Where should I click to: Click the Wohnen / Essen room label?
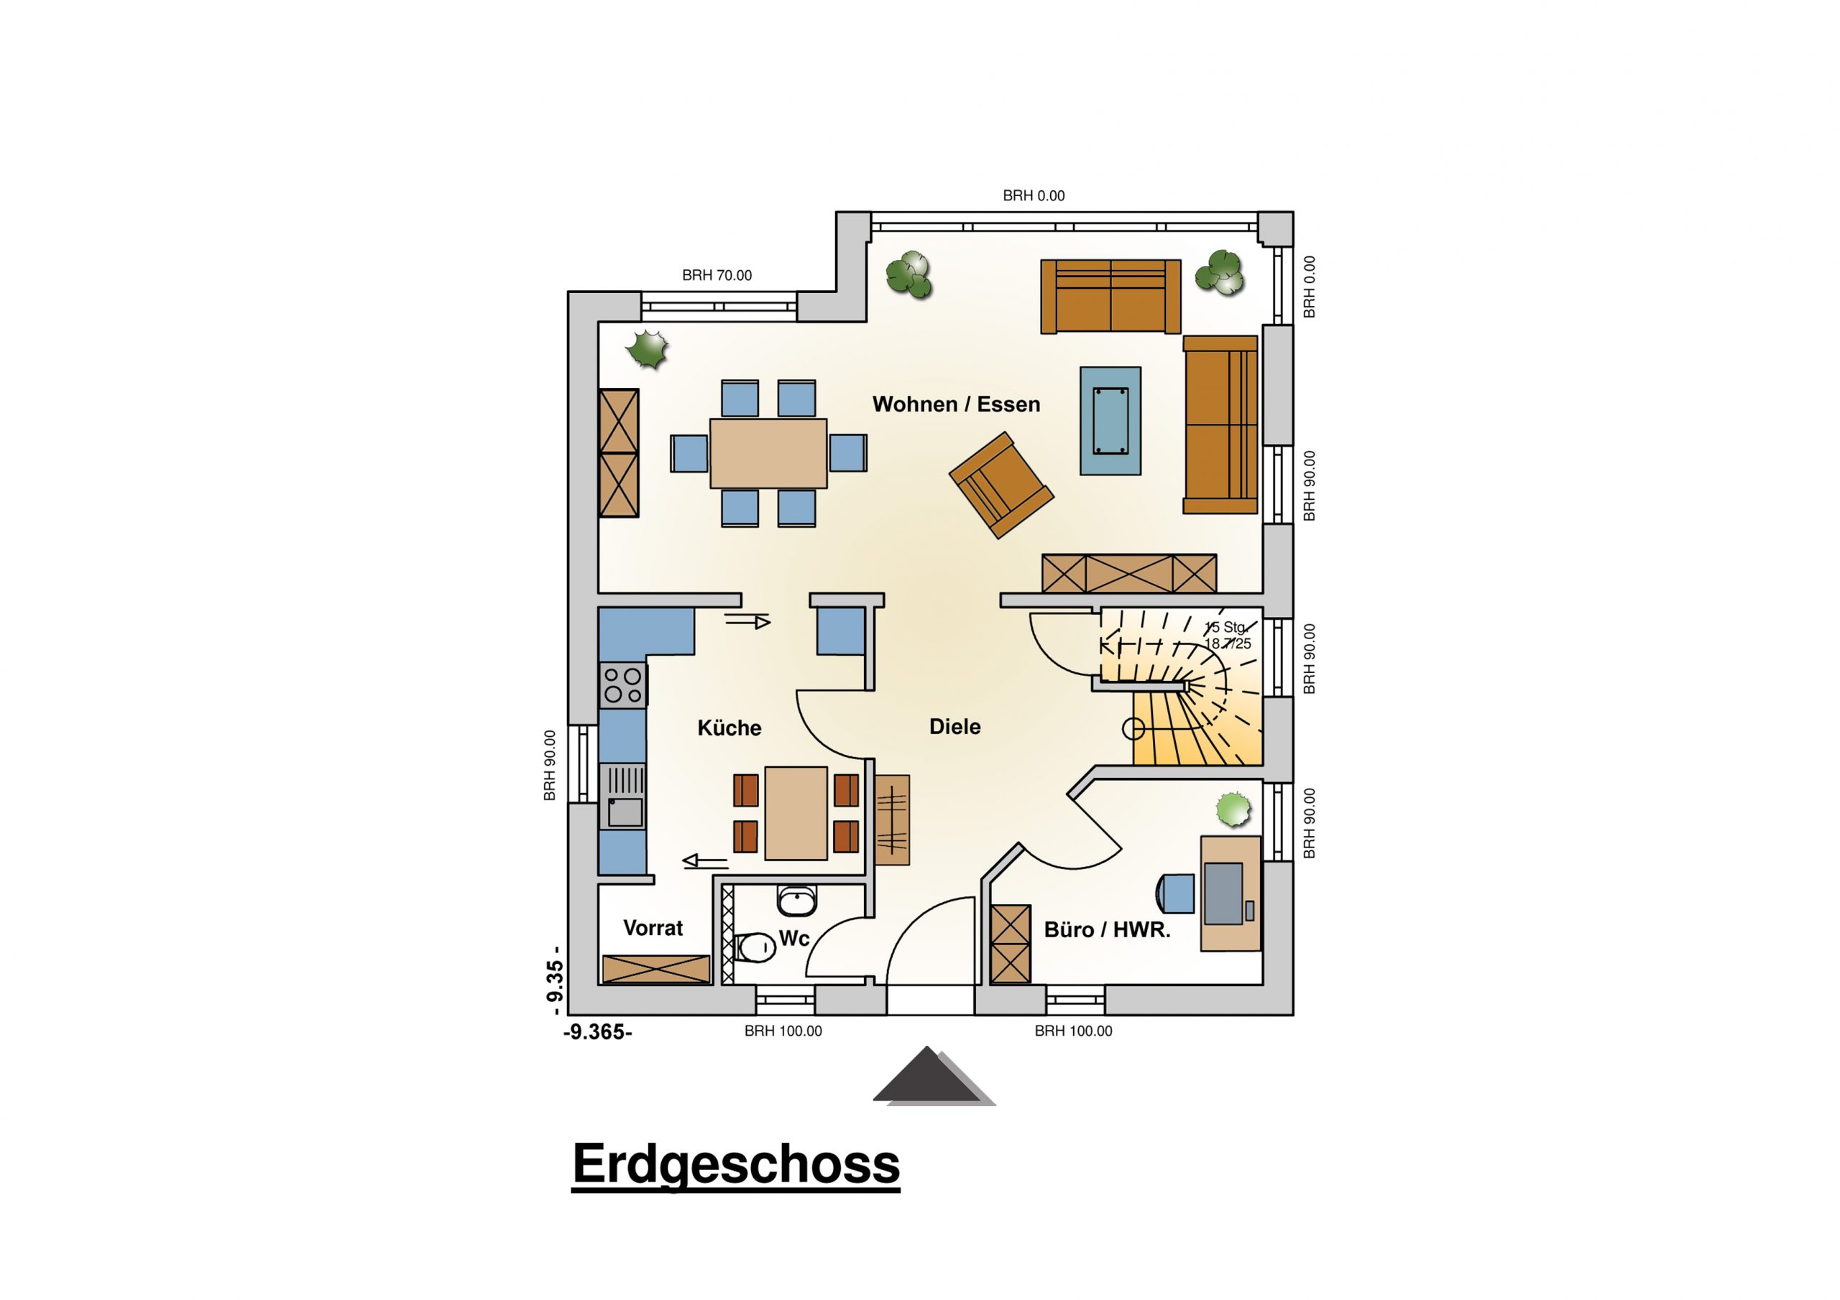(x=956, y=404)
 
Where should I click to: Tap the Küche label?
(x=730, y=728)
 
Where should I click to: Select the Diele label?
(x=954, y=727)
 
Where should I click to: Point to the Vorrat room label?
(x=653, y=929)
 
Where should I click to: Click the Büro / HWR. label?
(x=1107, y=930)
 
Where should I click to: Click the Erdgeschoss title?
(x=736, y=1166)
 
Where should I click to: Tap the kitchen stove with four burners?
(x=622, y=685)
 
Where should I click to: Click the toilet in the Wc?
(x=754, y=947)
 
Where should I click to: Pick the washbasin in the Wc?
(x=796, y=901)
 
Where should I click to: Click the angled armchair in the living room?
(x=1001, y=486)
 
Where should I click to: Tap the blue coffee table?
(x=1110, y=422)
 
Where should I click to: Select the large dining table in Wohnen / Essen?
(x=768, y=453)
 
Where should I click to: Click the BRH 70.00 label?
(x=717, y=276)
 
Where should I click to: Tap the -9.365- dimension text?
(x=598, y=1033)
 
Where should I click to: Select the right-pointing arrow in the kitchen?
(x=747, y=621)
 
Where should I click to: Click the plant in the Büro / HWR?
(x=1233, y=809)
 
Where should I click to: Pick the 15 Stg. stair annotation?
(x=1225, y=628)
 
